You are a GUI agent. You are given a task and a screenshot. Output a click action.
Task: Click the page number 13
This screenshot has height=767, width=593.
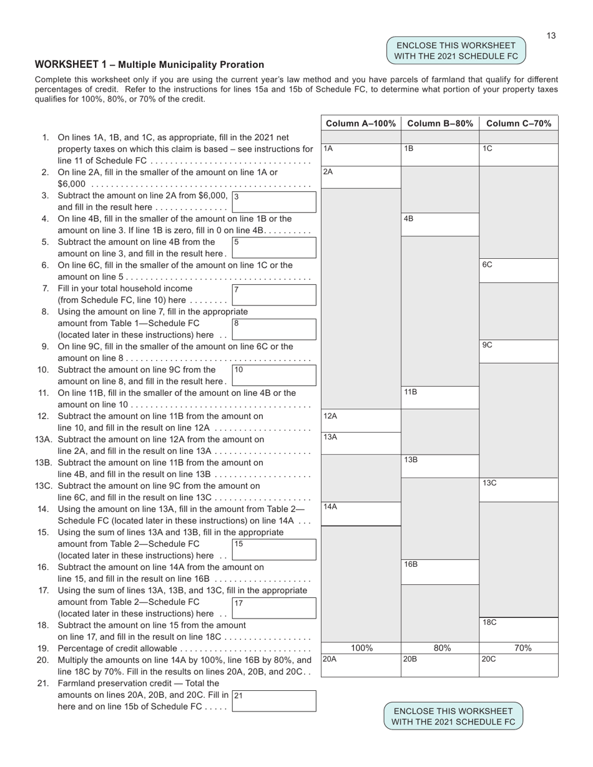point(551,36)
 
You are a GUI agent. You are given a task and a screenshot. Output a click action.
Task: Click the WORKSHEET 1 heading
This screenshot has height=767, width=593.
point(149,65)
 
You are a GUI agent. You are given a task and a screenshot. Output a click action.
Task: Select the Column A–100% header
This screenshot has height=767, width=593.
point(361,123)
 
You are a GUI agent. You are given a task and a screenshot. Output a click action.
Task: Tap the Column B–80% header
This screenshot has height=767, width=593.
point(440,123)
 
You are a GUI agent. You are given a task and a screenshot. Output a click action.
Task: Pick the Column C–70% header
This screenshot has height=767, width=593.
point(519,123)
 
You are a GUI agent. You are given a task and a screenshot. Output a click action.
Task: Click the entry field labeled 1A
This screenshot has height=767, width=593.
point(361,155)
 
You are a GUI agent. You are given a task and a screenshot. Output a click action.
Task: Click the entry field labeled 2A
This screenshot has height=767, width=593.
point(361,177)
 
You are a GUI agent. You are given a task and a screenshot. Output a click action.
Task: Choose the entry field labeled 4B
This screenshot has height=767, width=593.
point(440,224)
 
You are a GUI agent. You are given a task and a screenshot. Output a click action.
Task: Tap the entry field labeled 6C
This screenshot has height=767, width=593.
point(519,271)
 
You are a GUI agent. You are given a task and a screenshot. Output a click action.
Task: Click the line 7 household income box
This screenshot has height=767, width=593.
point(274,295)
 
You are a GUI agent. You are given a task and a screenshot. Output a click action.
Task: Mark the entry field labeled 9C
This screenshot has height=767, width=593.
point(519,351)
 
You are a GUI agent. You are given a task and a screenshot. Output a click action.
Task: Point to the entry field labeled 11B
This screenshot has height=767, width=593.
point(440,398)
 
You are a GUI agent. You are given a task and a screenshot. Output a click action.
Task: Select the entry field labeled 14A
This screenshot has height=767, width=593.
point(361,513)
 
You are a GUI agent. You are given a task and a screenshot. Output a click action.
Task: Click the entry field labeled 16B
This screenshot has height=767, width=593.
point(440,571)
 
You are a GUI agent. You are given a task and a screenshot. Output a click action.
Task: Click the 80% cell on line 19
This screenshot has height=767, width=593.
point(441,648)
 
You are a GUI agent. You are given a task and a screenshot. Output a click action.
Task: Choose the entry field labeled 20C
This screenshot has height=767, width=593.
point(519,665)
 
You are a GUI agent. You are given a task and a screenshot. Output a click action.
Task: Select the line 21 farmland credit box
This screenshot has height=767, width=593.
point(274,701)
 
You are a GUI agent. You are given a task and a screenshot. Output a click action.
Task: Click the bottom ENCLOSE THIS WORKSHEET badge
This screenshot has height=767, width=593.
point(453,716)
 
